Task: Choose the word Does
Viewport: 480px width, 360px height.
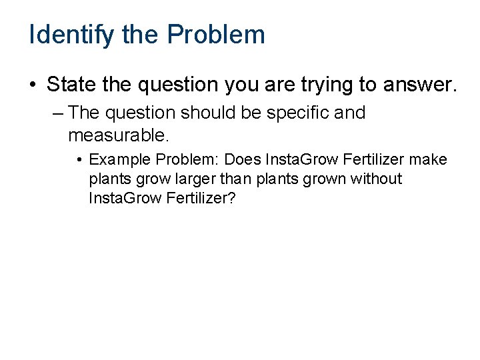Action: [x=243, y=160]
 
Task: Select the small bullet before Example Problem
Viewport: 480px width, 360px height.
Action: [x=79, y=161]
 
